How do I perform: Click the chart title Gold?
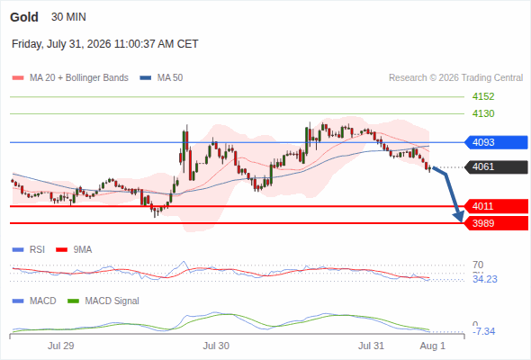pos(24,17)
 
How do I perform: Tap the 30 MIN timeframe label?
pos(68,17)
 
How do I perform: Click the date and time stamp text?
pos(105,44)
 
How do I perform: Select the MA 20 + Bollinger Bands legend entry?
pos(70,78)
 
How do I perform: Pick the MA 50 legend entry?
pos(161,78)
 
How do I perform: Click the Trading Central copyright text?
pos(455,78)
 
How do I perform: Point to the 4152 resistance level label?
pos(483,96)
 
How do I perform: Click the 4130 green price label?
pos(483,113)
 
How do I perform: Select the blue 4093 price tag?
pos(496,142)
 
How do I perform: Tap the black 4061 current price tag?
pos(496,167)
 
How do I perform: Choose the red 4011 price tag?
pos(496,206)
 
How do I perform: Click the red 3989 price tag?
pos(496,223)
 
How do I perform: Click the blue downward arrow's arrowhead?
pos(460,217)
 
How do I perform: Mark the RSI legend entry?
pos(29,250)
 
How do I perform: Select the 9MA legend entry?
pos(74,250)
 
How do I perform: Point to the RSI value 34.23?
pos(485,279)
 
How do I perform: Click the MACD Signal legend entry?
pos(103,301)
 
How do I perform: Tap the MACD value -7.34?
pos(484,331)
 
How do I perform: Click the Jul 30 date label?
pos(216,346)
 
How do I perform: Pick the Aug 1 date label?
pos(433,346)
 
